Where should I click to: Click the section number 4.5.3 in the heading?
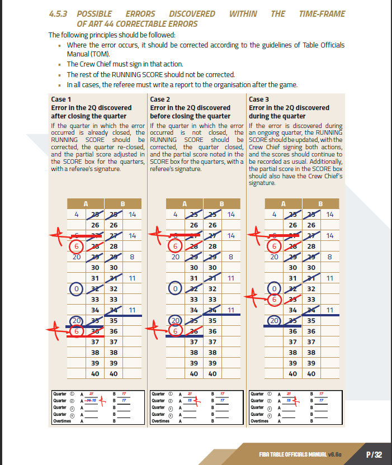(x=58, y=13)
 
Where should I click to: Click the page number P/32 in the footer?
(x=374, y=454)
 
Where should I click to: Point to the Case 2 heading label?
(x=159, y=99)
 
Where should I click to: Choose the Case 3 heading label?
(x=258, y=99)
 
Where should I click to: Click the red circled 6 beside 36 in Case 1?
(x=78, y=331)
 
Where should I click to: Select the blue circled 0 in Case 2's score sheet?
(x=176, y=289)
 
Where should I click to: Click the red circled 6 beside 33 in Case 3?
(x=275, y=299)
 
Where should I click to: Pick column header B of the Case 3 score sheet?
(x=320, y=203)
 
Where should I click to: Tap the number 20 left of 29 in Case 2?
(x=174, y=257)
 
